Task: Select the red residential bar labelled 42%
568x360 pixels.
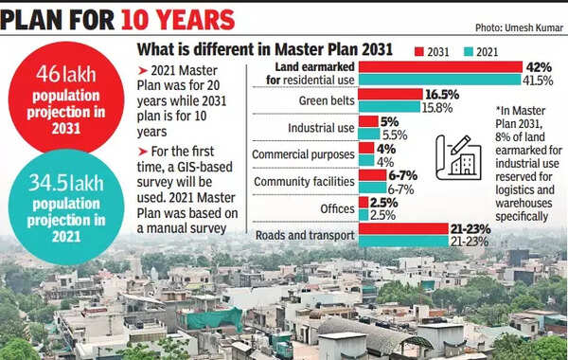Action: (x=440, y=67)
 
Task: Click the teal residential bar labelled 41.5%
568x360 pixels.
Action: (x=440, y=80)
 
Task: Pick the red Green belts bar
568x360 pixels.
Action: (x=391, y=95)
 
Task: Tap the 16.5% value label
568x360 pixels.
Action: (x=443, y=95)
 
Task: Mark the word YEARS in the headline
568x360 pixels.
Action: (x=185, y=18)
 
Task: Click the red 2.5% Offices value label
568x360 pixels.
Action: (x=384, y=202)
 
